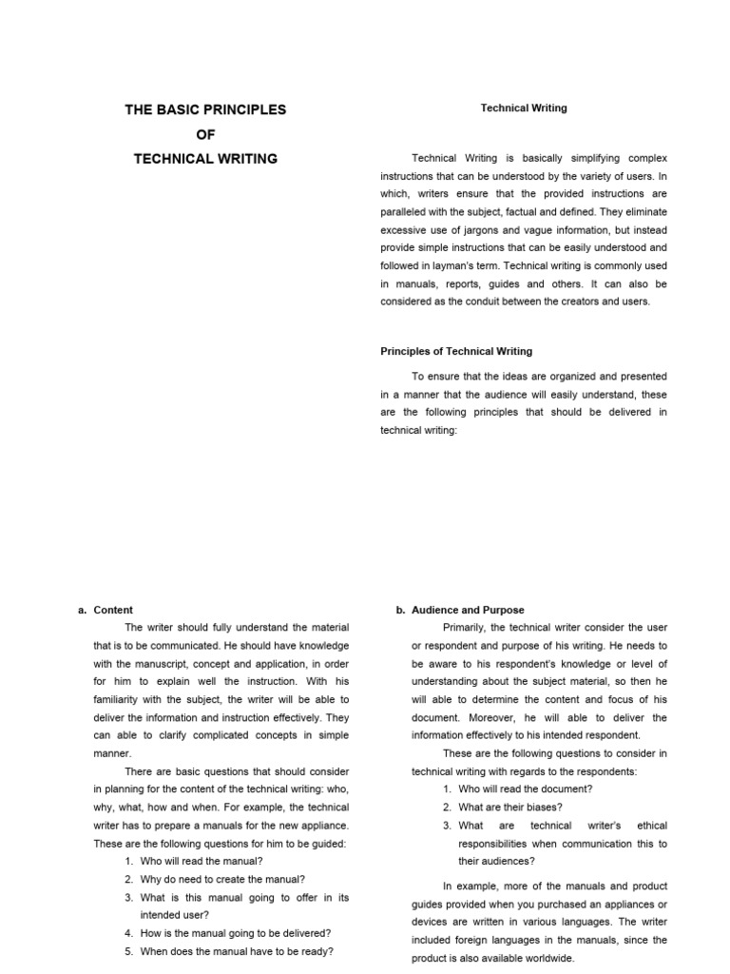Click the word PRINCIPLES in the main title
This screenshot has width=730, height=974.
point(242,109)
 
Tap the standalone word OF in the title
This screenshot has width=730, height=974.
point(205,134)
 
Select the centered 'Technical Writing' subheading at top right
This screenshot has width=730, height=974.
point(524,108)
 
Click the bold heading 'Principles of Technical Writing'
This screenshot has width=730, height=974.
point(456,351)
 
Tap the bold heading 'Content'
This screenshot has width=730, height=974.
point(113,610)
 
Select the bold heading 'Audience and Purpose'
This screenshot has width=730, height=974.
point(468,610)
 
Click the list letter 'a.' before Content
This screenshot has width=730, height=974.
point(83,610)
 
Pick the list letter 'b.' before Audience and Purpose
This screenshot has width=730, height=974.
point(400,610)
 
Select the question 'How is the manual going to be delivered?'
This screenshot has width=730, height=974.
point(236,933)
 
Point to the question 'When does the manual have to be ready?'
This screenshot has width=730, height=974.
point(237,951)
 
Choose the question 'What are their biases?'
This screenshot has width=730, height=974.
point(510,808)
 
